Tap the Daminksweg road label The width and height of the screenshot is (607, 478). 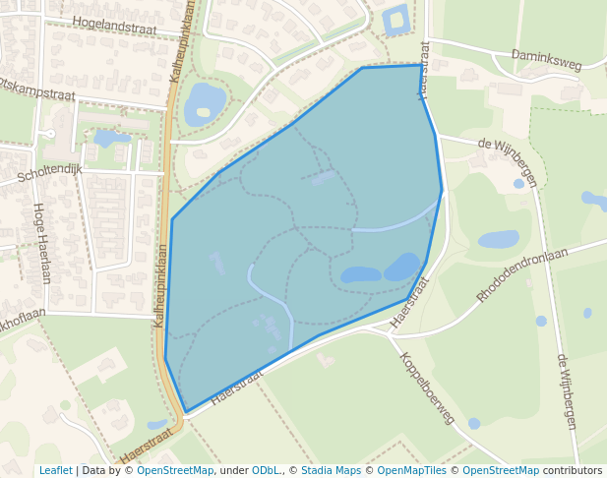[x=547, y=61]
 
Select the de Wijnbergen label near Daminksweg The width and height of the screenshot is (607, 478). [x=508, y=160]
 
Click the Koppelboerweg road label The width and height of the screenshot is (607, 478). [x=427, y=388]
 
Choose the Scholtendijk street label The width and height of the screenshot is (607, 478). [x=49, y=175]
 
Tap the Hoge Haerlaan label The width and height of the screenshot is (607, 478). [x=40, y=243]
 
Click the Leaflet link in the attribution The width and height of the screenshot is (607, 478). [x=55, y=470]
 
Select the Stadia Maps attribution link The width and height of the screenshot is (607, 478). [x=331, y=470]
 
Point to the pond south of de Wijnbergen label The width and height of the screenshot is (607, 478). [x=498, y=239]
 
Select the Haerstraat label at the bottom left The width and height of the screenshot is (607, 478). [x=149, y=444]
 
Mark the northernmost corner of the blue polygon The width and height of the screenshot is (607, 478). [x=421, y=65]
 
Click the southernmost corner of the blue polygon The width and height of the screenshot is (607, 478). [x=186, y=412]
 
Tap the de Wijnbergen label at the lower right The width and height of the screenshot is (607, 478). [x=566, y=391]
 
